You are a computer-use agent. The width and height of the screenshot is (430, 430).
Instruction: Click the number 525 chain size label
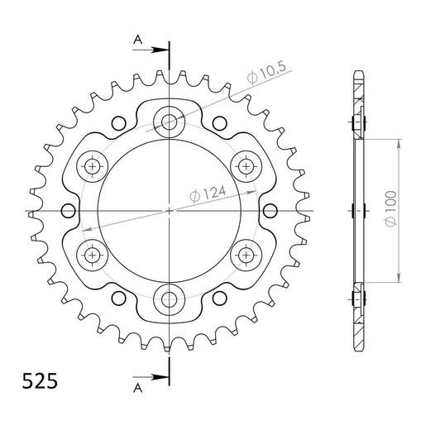(x=35, y=383)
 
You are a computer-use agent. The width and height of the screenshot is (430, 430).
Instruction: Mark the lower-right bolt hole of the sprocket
(x=246, y=254)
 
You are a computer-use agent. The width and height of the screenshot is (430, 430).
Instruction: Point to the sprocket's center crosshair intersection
(x=170, y=211)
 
